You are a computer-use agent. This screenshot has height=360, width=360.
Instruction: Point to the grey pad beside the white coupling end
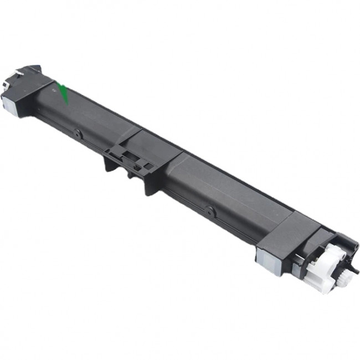264,256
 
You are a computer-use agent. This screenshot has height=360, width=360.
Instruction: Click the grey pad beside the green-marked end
8,101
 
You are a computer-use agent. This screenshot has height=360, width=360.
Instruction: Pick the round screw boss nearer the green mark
78,133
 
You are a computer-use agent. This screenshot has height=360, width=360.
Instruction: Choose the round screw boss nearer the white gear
209,210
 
